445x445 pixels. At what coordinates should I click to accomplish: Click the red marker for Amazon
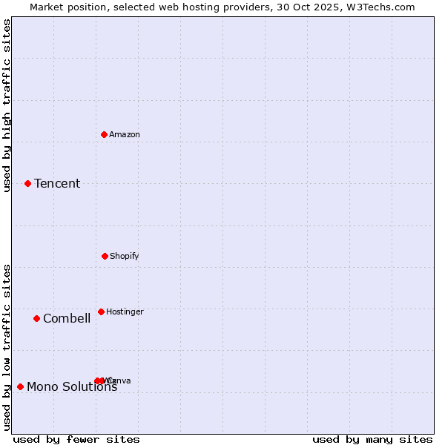pos(105,134)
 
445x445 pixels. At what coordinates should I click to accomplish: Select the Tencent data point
pos(27,183)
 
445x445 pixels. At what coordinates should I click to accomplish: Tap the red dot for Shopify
pos(105,256)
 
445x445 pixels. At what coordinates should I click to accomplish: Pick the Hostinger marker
pos(101,311)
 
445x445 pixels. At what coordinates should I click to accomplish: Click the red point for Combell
pos(36,318)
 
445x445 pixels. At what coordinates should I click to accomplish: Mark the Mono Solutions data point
pos(20,386)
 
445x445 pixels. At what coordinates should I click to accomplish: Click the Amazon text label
pos(125,134)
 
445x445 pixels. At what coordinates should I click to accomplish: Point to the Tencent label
pos(57,183)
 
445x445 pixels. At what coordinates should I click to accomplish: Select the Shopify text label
pos(125,256)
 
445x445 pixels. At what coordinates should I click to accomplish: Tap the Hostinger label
pos(125,311)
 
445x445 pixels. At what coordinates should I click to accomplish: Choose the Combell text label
pos(67,318)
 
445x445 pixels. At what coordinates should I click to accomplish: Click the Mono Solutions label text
pos(72,386)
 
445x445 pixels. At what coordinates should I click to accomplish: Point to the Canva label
pos(120,380)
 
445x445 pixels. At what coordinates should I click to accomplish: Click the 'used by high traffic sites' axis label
pos(7,105)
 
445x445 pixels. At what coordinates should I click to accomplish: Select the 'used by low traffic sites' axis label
pos(7,346)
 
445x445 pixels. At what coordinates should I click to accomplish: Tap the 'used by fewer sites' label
pos(76,439)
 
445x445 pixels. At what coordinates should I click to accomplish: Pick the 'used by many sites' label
pos(372,439)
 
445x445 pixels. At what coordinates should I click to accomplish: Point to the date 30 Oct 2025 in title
pos(315,7)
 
